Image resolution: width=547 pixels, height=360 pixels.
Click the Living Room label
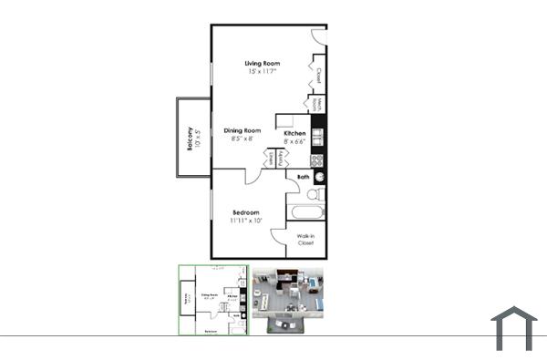[x=262, y=63]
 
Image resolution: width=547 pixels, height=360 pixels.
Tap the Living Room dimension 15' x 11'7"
[x=262, y=72]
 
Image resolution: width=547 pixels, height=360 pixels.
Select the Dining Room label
[x=243, y=130]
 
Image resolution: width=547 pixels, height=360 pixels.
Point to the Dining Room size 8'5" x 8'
[x=243, y=139]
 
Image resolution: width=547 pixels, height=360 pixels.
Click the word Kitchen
[x=294, y=133]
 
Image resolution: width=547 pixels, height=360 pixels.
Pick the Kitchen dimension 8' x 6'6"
[x=294, y=142]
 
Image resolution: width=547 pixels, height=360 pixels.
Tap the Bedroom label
[x=245, y=211]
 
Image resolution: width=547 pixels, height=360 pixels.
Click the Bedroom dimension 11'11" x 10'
[x=245, y=221]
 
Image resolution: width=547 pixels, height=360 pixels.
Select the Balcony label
[x=190, y=138]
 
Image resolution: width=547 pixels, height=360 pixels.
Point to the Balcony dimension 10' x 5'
[x=198, y=138]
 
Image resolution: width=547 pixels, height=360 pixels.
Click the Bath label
[x=304, y=177]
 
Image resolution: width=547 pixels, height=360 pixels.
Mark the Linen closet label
[x=271, y=159]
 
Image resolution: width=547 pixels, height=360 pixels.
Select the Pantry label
[x=280, y=159]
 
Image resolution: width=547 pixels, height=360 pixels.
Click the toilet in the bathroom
[x=313, y=194]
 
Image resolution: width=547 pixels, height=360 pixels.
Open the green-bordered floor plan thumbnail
[x=213, y=301]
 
